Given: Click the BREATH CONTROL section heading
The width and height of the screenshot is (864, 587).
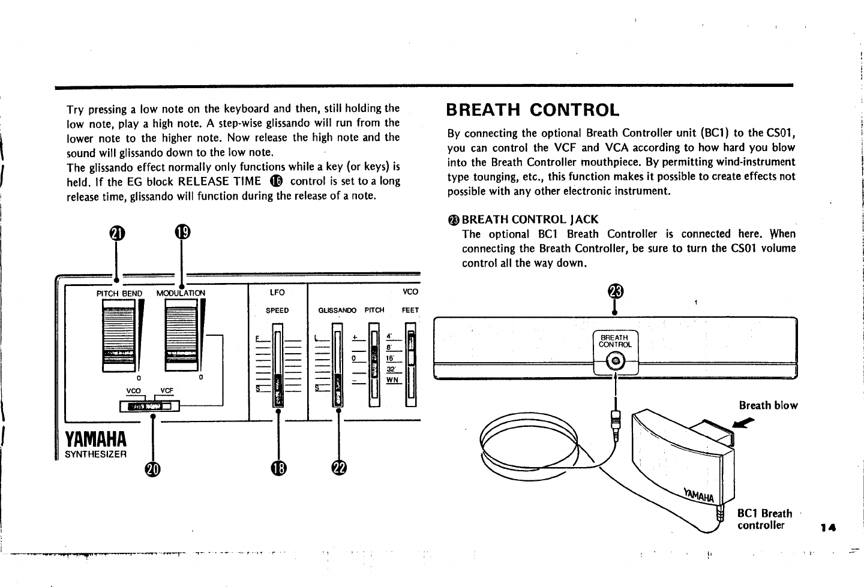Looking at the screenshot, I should [533, 110].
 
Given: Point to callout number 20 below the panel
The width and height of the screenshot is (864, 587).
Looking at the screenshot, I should [153, 471].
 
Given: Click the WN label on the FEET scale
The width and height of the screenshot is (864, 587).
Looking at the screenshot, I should [393, 380].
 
